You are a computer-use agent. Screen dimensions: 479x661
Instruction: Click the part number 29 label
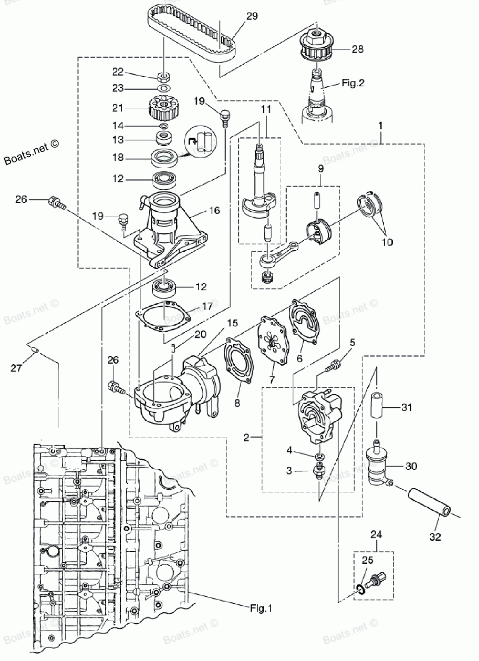(x=252, y=16)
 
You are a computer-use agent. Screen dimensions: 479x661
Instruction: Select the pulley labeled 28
(x=316, y=46)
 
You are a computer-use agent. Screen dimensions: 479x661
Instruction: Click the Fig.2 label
(x=353, y=83)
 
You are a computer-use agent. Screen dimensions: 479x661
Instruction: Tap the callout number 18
(x=118, y=158)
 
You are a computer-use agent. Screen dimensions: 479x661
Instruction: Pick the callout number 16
(x=215, y=210)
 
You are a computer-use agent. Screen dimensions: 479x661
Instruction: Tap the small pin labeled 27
(x=35, y=350)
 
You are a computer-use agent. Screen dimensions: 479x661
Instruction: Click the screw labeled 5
(x=333, y=365)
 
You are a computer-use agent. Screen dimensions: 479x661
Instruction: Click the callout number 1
(x=380, y=126)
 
